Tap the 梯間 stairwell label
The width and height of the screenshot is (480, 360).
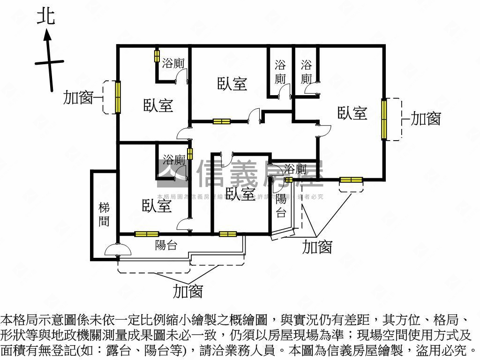(x=104, y=214)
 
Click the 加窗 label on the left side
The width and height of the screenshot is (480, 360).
(x=78, y=98)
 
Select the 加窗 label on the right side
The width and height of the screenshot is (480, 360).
(x=426, y=119)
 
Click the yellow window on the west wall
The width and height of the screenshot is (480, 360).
(x=118, y=97)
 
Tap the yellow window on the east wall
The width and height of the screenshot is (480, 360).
(x=384, y=119)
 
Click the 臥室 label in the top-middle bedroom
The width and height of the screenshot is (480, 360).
(x=232, y=84)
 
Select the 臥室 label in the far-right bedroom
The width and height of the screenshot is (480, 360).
(x=352, y=113)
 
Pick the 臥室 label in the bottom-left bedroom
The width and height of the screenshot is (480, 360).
(x=157, y=206)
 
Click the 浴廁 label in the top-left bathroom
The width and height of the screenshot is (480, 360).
(x=173, y=64)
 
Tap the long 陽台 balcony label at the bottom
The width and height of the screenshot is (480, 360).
(x=165, y=244)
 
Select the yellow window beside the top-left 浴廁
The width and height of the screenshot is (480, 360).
(x=157, y=56)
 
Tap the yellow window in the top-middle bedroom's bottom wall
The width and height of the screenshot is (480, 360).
(x=221, y=122)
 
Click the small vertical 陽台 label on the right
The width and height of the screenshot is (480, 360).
(x=281, y=205)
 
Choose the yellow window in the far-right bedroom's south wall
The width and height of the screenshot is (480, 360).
(x=351, y=180)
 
